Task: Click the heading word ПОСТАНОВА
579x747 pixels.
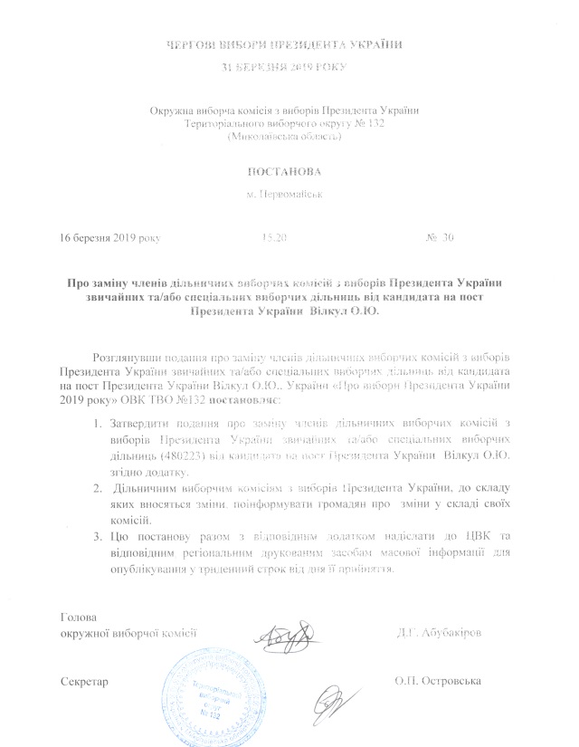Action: [x=283, y=170]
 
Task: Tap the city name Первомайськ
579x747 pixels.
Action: [x=283, y=195]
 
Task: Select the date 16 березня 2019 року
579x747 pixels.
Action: [x=109, y=237]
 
